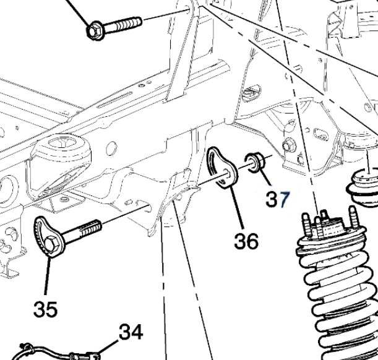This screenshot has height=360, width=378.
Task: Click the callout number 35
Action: [46, 307]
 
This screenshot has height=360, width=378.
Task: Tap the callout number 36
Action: [246, 241]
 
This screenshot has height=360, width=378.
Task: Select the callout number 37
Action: [278, 199]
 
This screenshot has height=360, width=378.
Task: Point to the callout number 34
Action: [131, 333]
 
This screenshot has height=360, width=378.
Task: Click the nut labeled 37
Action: [256, 162]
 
